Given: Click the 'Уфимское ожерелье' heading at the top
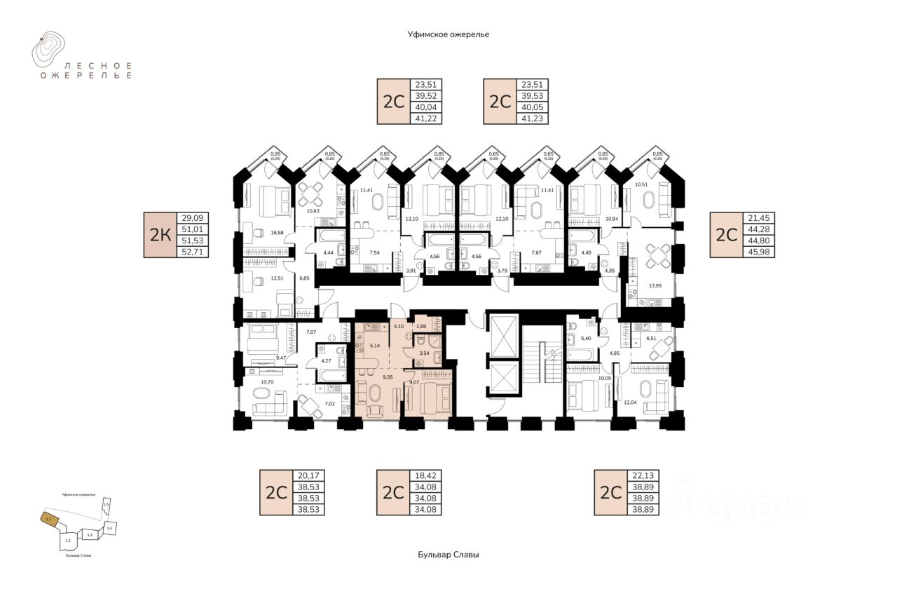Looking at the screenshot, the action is coord(448,34).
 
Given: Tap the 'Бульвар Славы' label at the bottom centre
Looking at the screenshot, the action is coord(448,555).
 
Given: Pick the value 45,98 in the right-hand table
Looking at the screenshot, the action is coord(760,250).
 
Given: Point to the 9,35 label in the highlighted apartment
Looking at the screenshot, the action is coord(388,377).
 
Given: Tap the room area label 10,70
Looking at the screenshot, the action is coord(266,383).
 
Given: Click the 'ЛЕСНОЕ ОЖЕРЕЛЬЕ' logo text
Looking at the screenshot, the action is coord(86,69).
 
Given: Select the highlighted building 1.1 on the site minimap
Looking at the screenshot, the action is coord(49,520).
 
